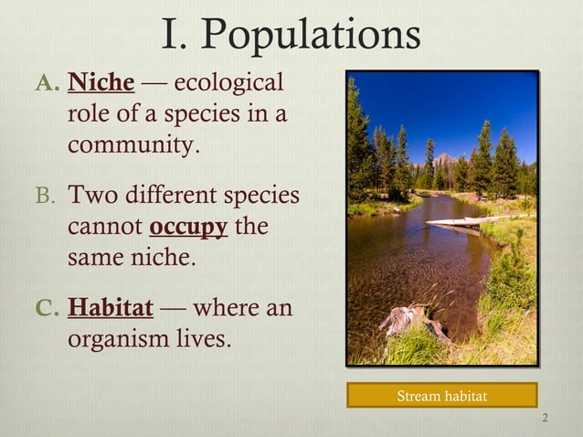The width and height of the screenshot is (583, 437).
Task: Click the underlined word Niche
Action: [x=101, y=85]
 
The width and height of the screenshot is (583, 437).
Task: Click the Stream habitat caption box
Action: [x=441, y=396]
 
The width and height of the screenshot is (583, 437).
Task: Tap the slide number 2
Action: [x=545, y=420]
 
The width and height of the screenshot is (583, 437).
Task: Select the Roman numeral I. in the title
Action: [x=175, y=37]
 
